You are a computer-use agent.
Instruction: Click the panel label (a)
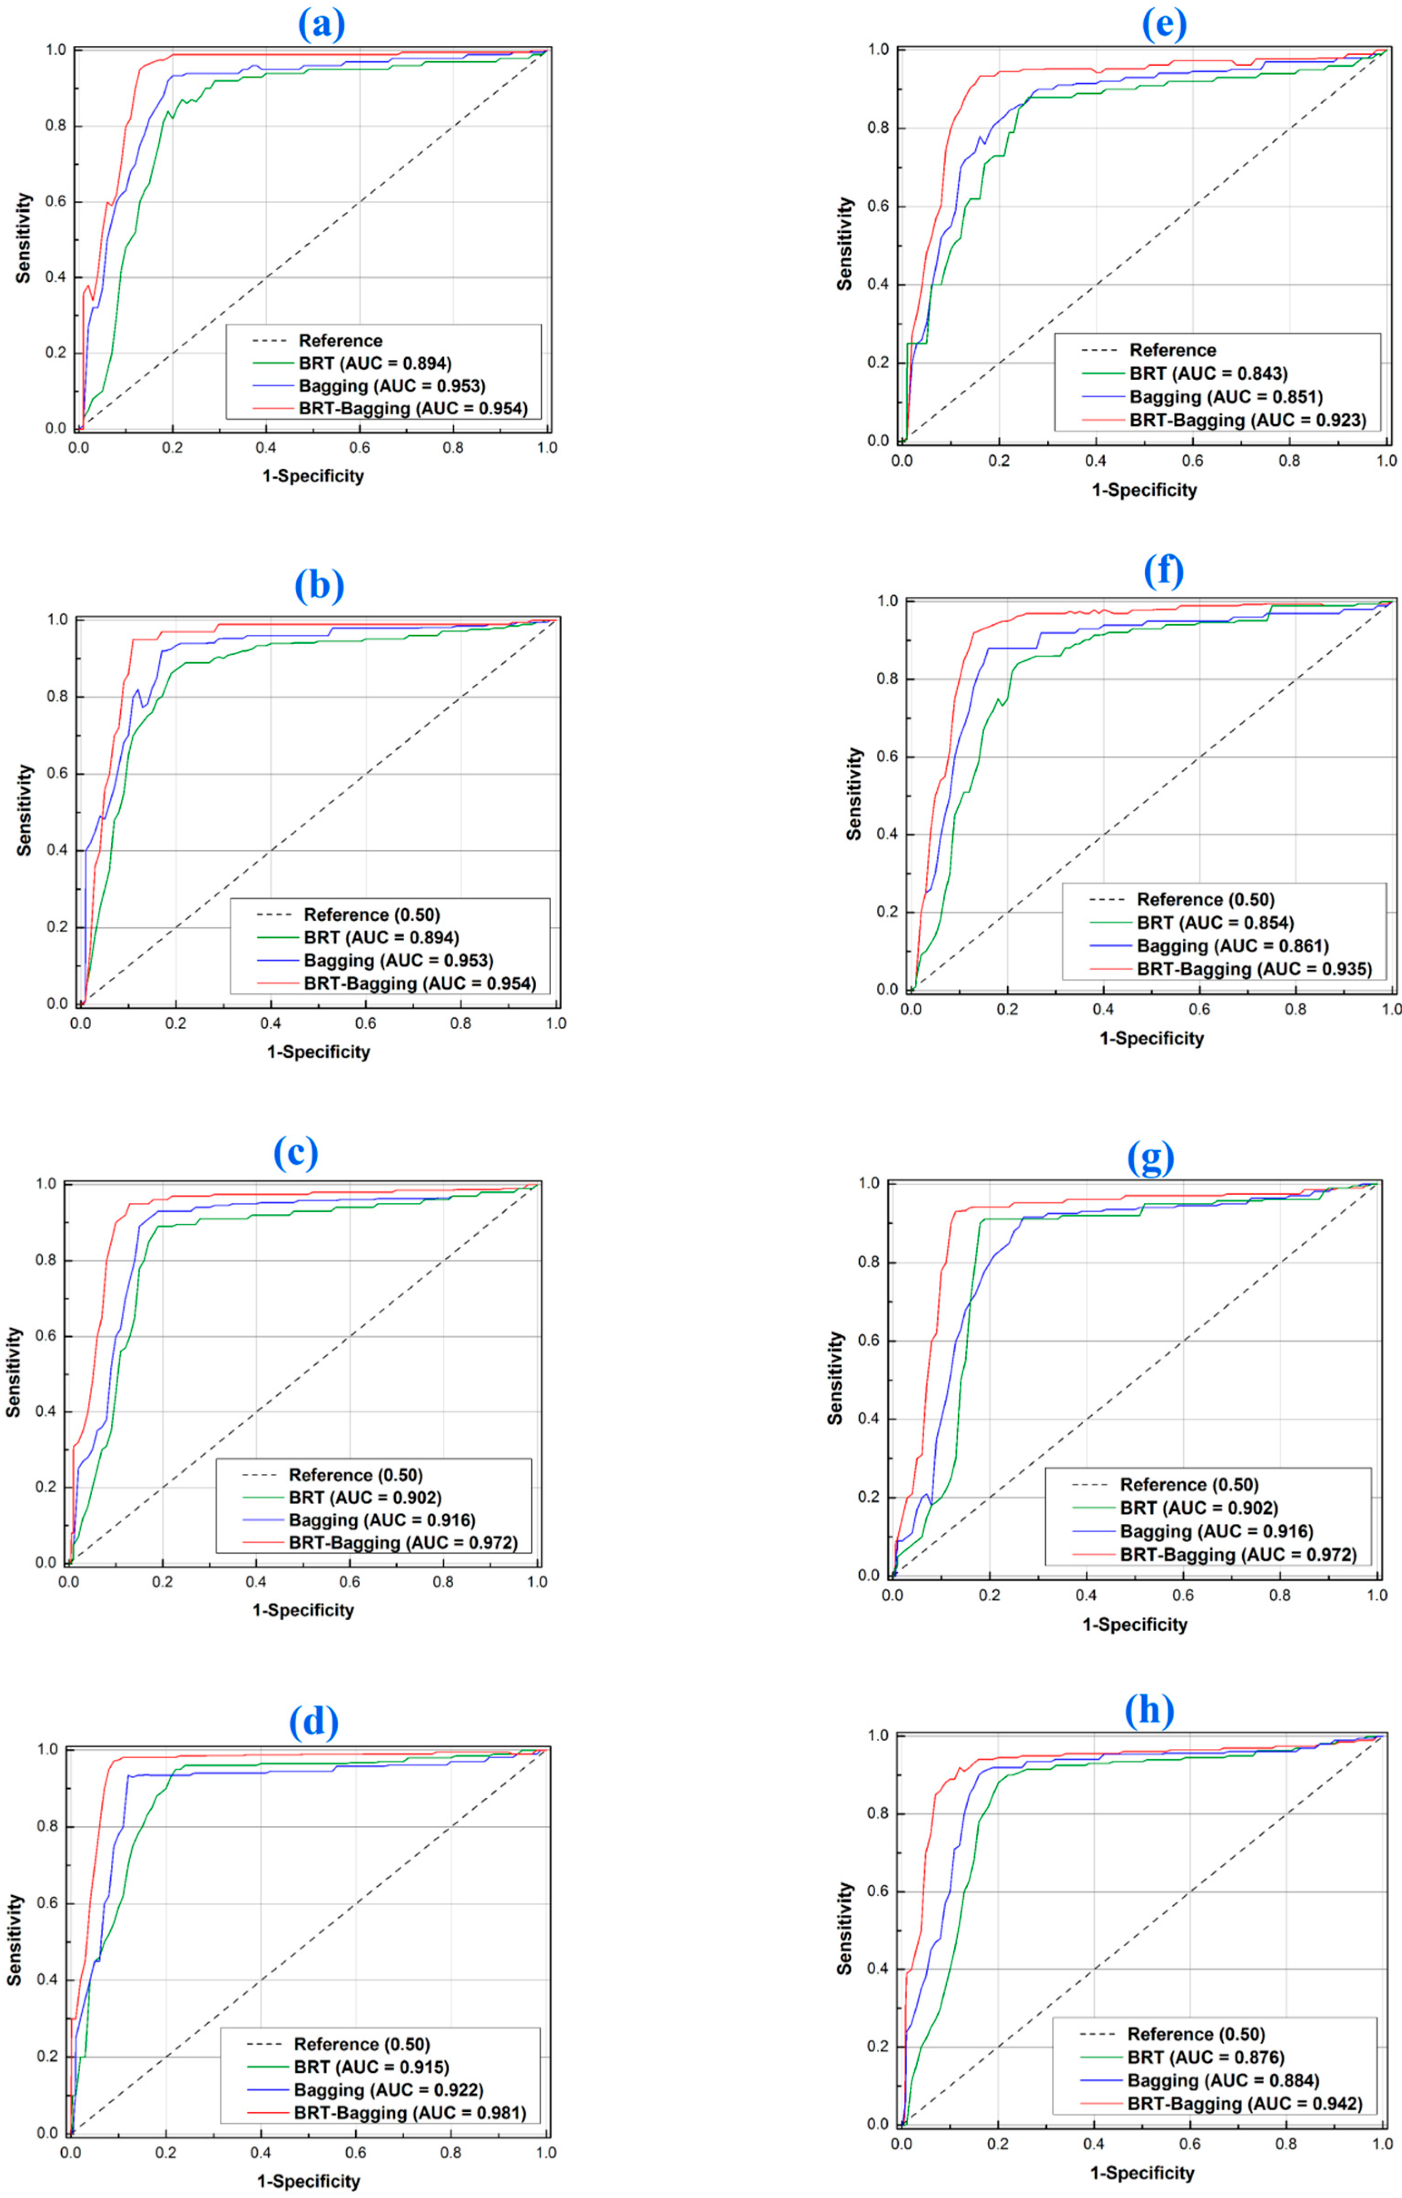point(321,25)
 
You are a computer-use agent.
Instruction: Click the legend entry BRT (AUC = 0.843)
point(1208,373)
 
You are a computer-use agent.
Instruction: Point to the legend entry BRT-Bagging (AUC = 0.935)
point(1253,968)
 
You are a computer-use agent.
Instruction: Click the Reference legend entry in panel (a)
point(339,340)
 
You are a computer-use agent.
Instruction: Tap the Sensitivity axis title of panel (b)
point(25,810)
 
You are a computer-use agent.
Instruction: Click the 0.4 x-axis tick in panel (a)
point(265,448)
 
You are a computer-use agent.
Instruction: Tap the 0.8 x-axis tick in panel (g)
point(1280,1595)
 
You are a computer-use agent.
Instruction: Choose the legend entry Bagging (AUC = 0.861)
point(1232,946)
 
